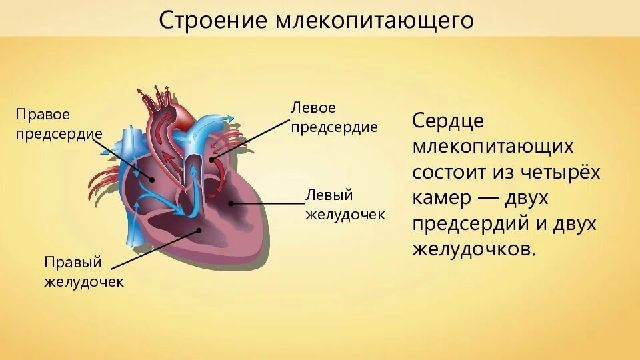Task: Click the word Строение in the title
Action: [x=213, y=20]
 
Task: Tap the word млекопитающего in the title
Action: [x=375, y=20]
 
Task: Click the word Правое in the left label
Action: [x=43, y=115]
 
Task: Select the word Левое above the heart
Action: [x=313, y=107]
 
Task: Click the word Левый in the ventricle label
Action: [x=329, y=195]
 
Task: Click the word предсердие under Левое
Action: [x=334, y=127]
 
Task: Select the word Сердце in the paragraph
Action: [x=448, y=121]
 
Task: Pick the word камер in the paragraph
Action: [x=443, y=198]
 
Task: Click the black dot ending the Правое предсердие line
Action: [x=152, y=179]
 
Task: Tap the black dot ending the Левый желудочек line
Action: [x=231, y=202]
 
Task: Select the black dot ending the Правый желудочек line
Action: [x=199, y=231]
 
